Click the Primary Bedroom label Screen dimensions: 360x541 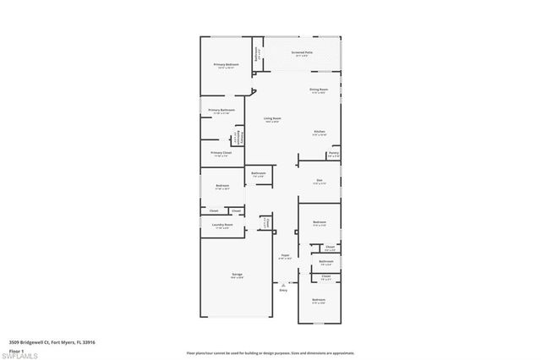pos(225,64)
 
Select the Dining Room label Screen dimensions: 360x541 pos(319,89)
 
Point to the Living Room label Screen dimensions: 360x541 pos(271,118)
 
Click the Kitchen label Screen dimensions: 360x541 pos(320,132)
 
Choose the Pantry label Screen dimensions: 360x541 pos(333,154)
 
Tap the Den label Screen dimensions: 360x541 pos(320,179)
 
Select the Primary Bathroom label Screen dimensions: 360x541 pos(221,111)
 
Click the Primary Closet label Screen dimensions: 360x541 pos(221,153)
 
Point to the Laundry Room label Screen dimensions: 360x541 pos(222,225)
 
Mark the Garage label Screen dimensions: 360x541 pos(238,275)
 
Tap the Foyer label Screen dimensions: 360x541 pos(286,255)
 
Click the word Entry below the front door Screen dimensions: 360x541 pos(283,291)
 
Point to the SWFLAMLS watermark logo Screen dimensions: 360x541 pos(20,354)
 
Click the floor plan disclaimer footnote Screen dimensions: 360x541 pos(270,352)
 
